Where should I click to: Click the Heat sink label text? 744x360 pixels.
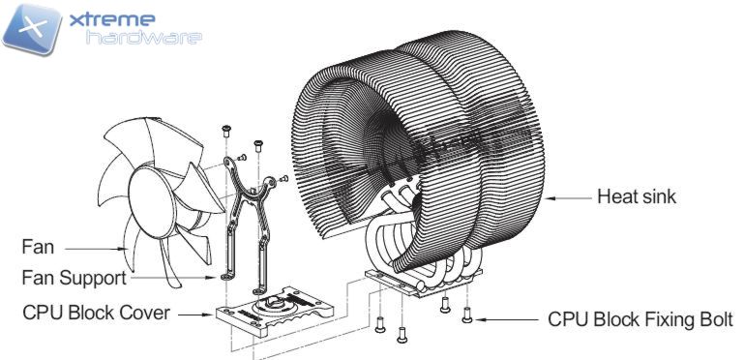[637, 196]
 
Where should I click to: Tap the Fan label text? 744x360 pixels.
[38, 247]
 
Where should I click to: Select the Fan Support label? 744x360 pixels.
[74, 278]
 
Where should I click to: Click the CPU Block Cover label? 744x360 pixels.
[96, 313]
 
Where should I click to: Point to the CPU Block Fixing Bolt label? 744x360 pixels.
[640, 319]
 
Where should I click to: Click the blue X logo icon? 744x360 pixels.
[32, 29]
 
